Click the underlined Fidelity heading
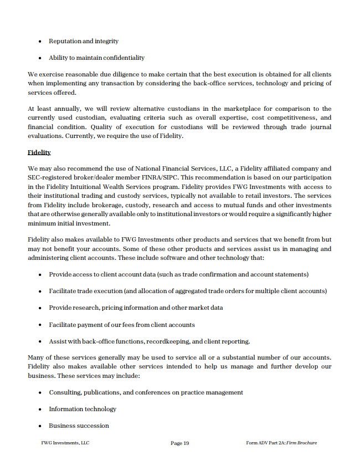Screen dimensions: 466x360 click(x=39, y=152)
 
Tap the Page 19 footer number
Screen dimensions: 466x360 click(x=180, y=443)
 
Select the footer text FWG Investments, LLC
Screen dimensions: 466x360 click(x=65, y=443)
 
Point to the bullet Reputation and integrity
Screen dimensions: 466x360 click(x=84, y=41)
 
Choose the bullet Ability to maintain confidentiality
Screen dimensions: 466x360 click(x=96, y=58)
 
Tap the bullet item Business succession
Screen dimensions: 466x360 click(x=79, y=426)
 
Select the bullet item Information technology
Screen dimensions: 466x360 click(x=83, y=409)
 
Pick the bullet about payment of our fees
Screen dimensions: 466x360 click(x=121, y=324)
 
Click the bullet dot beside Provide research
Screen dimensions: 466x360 click(x=40, y=308)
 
